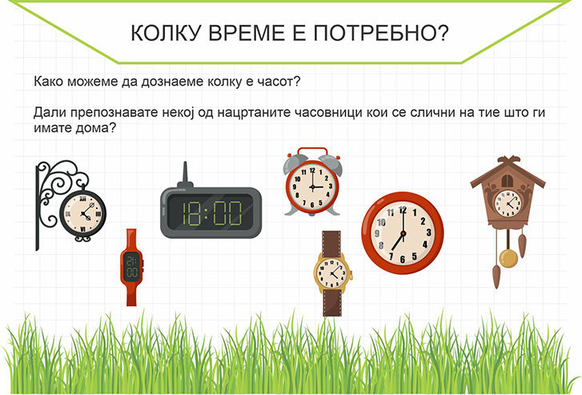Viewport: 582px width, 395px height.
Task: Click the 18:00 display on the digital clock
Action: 211,213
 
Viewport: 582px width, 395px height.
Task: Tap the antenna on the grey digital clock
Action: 185,175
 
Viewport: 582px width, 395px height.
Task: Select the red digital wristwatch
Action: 131,267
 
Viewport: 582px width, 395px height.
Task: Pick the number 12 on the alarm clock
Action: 312,171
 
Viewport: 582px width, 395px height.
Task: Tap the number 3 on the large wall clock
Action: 429,232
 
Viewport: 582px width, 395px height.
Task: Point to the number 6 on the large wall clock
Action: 403,259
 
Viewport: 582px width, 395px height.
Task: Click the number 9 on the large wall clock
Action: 377,233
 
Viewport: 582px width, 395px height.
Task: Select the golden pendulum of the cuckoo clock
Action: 508,258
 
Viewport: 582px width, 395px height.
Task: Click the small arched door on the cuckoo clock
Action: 507,181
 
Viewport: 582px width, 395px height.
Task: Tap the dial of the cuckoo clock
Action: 508,203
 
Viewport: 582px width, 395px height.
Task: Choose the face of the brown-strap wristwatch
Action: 331,273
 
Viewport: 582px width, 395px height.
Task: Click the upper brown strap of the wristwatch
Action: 331,244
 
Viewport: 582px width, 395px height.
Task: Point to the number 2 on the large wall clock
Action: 423,220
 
